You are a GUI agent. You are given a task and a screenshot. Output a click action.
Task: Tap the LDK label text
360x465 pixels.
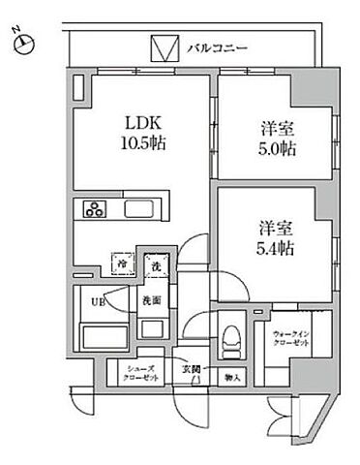click(136, 122)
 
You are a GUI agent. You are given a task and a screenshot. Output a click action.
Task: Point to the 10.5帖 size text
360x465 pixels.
click(136, 142)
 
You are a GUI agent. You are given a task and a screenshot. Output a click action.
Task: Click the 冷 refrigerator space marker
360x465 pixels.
click(123, 263)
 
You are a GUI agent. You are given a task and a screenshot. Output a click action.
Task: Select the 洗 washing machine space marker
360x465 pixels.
click(153, 264)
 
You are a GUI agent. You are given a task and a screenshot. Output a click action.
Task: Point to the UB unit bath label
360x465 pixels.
click(97, 301)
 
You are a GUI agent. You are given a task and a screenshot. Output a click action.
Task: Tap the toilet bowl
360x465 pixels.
click(228, 340)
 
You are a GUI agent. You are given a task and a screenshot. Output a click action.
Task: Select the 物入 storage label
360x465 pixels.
click(231, 376)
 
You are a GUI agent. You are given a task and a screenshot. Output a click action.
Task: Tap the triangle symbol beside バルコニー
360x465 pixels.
click(163, 47)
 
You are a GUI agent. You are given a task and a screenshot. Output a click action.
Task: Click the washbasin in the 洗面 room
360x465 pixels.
click(151, 326)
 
